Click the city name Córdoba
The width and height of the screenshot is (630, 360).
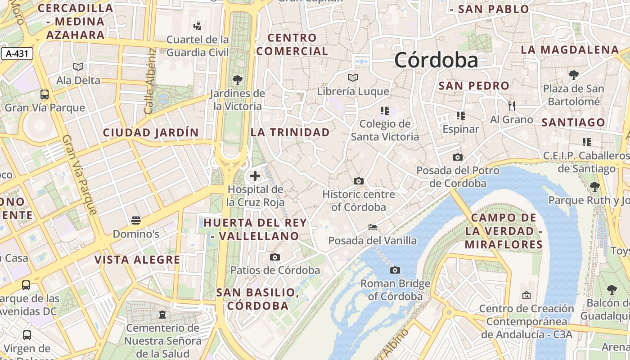[436, 60]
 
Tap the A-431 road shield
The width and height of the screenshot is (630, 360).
[17, 54]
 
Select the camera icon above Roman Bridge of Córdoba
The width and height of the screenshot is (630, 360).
[395, 270]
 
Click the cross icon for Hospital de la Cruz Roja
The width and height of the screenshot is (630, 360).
[255, 176]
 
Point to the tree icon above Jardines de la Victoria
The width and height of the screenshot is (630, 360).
[238, 80]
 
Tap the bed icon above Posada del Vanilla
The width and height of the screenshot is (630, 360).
[373, 227]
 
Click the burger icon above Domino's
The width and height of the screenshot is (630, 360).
[136, 220]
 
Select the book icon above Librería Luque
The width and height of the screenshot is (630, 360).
[353, 77]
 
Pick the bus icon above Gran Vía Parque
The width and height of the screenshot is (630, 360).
[45, 94]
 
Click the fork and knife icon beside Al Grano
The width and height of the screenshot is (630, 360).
[511, 106]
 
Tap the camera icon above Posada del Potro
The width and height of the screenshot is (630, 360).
[458, 157]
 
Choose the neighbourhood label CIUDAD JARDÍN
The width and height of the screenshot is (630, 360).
[151, 132]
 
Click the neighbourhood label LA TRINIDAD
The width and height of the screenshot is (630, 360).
[290, 132]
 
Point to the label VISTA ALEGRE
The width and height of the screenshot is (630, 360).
[137, 260]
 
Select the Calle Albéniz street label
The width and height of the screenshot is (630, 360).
[150, 81]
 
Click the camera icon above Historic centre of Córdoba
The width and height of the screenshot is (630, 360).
[359, 181]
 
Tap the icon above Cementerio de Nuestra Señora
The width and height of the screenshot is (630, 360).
[162, 314]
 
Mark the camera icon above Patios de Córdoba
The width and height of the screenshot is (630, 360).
[275, 257]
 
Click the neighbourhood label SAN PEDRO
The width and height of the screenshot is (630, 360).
[474, 85]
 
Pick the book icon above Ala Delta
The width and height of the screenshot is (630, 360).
[78, 67]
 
